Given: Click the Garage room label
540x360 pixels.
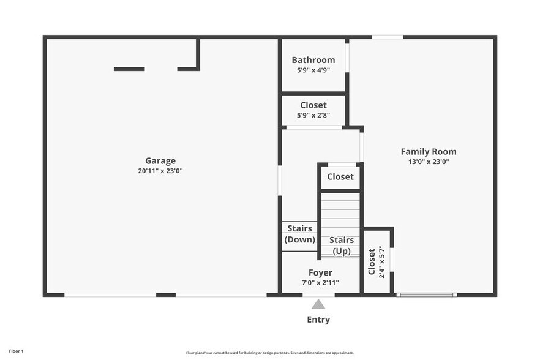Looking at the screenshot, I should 160,161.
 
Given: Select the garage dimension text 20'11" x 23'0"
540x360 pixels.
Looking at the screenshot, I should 160,171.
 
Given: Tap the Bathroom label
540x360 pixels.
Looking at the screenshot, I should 313,60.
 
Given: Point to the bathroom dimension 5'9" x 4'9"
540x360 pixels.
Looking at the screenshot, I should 313,70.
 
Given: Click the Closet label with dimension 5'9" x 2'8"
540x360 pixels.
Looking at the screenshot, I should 313,105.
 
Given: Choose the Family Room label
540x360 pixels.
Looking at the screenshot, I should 428,152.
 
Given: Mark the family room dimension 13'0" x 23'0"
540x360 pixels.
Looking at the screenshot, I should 428,162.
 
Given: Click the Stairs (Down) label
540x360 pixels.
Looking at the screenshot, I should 300,234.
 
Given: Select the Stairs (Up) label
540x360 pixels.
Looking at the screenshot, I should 342,246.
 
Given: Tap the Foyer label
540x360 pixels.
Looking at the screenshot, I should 320,272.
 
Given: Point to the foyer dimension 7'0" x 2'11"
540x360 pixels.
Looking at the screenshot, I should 320,283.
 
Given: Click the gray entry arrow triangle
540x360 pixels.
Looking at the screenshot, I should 318,304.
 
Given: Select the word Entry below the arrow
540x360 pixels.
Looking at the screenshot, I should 318,320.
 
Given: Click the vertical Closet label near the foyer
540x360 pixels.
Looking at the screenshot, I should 372,261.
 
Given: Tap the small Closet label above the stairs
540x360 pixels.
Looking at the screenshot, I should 340,177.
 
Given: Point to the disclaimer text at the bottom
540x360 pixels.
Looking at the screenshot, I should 269,353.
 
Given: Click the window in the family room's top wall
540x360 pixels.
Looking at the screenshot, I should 388,37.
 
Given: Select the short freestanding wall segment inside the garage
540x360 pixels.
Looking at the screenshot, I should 129,69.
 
